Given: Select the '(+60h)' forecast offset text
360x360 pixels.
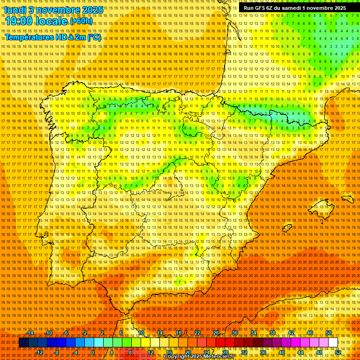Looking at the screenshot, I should tap(81, 22).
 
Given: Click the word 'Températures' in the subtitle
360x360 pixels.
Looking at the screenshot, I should tap(28, 37).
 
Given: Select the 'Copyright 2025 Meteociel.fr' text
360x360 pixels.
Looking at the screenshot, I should tap(205, 357).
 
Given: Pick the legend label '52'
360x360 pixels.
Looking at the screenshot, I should tap(338, 352).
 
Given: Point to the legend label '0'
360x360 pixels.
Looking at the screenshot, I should tap(93, 352).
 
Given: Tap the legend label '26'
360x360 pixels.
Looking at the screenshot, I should tap(216, 333).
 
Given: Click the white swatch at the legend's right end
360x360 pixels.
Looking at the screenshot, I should tap(333, 343).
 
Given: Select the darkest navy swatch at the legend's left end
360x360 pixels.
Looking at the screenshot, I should tap(23, 343).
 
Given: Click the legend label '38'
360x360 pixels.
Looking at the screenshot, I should tap(272, 333).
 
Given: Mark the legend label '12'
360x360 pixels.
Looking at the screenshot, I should tap(150, 352).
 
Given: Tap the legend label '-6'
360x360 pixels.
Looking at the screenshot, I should tap(67, 333).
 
